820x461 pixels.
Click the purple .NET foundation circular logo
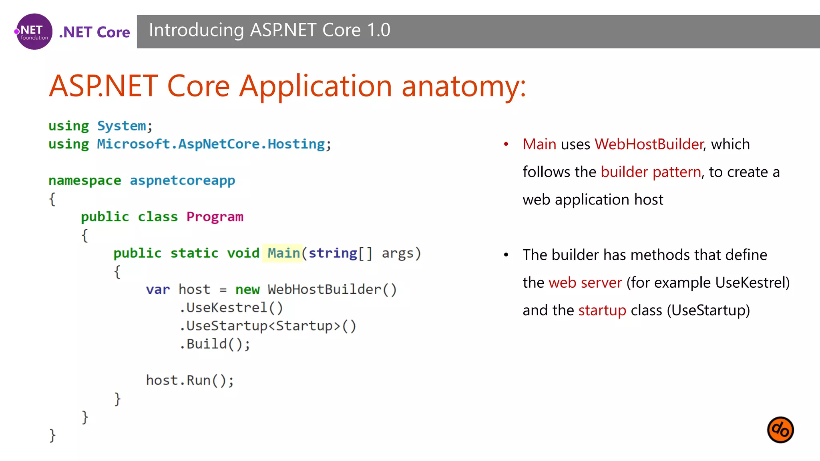(34, 32)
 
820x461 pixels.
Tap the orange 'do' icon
(780, 430)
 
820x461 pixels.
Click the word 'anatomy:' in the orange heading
(463, 86)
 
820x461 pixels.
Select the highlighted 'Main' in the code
(283, 253)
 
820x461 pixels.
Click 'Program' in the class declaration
(215, 217)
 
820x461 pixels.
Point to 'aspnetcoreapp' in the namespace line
(182, 180)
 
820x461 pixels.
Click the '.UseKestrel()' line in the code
(231, 308)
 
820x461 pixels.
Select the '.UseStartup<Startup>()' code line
(267, 326)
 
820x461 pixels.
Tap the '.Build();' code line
(215, 344)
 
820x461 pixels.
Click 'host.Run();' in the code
(190, 380)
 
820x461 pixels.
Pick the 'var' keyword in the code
(158, 289)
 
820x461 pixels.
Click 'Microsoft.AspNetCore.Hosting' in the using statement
(211, 144)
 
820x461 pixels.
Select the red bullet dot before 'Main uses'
(506, 144)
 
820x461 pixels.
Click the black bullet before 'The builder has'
(506, 255)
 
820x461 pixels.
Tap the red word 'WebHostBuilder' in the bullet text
(649, 144)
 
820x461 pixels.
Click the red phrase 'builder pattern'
(651, 172)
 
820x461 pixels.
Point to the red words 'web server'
(585, 283)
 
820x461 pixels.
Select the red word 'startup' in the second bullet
(602, 310)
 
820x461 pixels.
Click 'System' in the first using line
(122, 126)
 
